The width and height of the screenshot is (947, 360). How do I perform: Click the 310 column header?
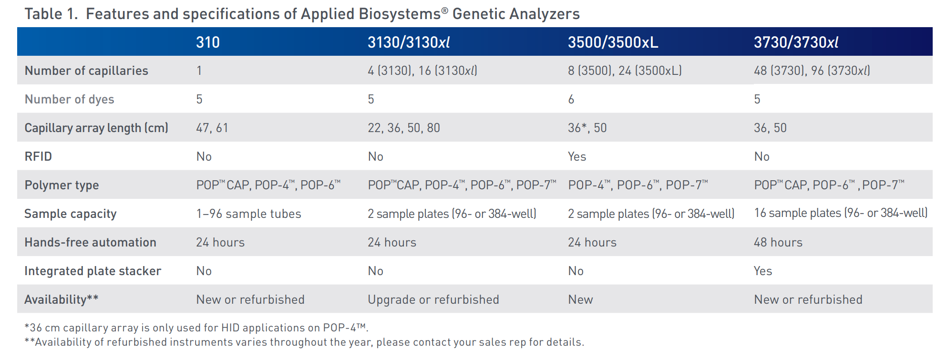pos(208,42)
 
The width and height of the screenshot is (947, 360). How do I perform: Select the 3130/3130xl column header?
pos(409,42)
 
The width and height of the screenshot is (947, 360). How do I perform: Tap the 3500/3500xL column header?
pos(613,42)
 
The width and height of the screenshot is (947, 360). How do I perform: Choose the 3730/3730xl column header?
pos(796,42)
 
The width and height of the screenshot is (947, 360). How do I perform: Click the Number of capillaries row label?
pos(86,71)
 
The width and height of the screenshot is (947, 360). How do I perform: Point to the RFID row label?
pos(38,156)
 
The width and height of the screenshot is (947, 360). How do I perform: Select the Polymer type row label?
pos(62,185)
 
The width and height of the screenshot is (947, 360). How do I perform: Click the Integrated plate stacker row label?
pos(93,271)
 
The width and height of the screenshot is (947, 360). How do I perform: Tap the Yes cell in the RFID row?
pos(577,156)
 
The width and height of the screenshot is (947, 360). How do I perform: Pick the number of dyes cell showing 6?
pos(571,99)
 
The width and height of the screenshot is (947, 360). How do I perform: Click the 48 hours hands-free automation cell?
pos(778,242)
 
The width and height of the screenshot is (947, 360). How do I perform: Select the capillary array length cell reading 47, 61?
pos(212,128)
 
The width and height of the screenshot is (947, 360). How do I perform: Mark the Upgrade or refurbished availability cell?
pos(433,299)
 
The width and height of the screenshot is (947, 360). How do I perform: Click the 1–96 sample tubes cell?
pos(248,214)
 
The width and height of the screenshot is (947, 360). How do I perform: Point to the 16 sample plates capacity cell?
pos(841,213)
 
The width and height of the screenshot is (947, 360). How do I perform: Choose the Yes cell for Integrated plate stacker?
pos(763,271)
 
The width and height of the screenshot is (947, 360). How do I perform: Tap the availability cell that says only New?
pos(580,299)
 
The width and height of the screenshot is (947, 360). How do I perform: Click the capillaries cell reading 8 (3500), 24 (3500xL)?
pos(625,71)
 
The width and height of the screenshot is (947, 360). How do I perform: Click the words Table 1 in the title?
pos(51,14)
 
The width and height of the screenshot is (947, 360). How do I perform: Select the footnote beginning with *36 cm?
pos(196,328)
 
